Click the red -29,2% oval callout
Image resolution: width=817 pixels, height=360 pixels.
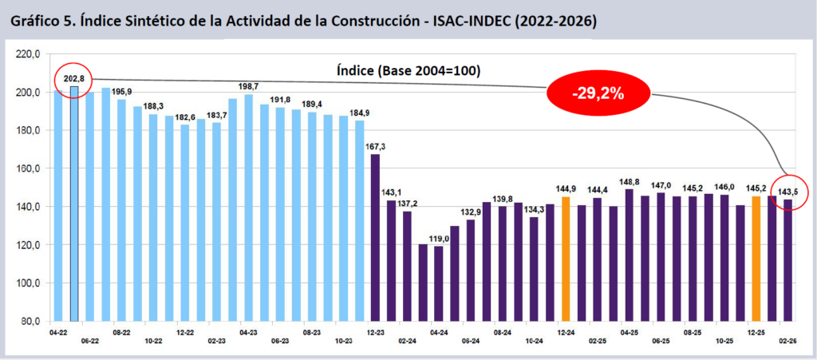point(597,93)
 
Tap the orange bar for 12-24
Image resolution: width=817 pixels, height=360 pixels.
point(565,259)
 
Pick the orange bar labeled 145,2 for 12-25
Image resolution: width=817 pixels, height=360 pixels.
point(756,259)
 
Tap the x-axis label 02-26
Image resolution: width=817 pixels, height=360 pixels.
point(788,341)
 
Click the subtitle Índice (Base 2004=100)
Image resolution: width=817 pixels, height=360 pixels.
point(407,70)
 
